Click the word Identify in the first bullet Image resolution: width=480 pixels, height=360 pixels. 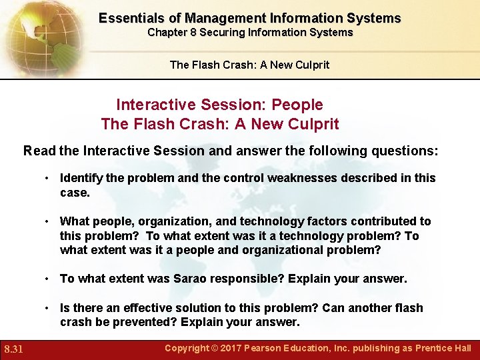coord(80,178)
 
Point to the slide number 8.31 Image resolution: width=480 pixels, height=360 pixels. coord(15,349)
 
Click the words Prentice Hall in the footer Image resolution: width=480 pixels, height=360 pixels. coord(443,348)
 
